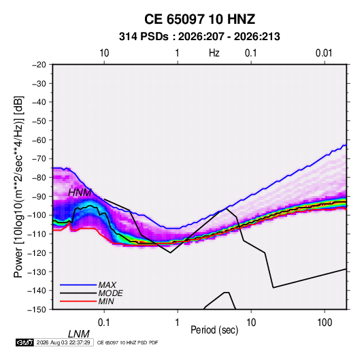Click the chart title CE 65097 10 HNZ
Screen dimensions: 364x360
click(x=199, y=19)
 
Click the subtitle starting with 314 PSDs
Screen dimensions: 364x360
click(x=199, y=37)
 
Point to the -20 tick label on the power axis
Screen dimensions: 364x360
click(x=39, y=65)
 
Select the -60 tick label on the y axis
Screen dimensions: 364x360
click(x=39, y=140)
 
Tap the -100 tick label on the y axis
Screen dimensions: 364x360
click(x=37, y=215)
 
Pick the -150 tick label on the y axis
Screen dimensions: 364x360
click(x=37, y=310)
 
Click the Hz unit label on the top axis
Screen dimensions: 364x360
click(x=214, y=53)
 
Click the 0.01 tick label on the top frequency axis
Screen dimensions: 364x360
click(x=324, y=53)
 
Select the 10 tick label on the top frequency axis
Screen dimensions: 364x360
click(x=104, y=53)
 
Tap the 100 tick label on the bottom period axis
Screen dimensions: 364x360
click(x=325, y=323)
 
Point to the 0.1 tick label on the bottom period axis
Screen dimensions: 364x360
click(x=104, y=323)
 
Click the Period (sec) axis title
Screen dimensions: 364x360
click(x=214, y=330)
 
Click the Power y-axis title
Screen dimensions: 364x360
click(x=18, y=186)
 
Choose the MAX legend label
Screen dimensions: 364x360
click(x=107, y=285)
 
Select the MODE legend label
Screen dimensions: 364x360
click(x=110, y=293)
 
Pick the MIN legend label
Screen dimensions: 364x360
click(x=106, y=301)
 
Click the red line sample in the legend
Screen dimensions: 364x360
click(x=78, y=301)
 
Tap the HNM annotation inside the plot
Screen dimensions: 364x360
click(x=80, y=193)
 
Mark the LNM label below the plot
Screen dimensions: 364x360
click(x=79, y=334)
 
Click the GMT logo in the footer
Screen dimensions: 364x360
click(x=25, y=342)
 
